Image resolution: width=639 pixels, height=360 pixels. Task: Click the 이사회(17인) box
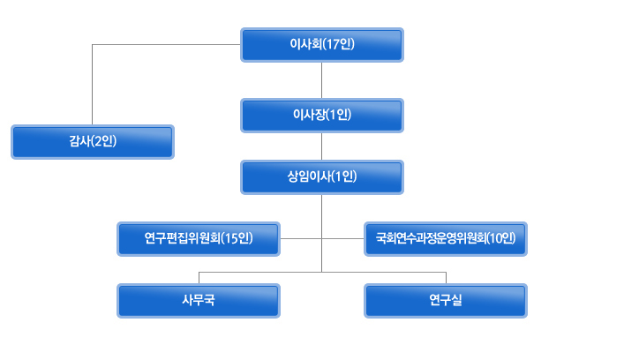coord(322,45)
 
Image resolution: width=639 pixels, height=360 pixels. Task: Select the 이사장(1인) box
coord(322,116)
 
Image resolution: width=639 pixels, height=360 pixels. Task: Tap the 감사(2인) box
coord(93,142)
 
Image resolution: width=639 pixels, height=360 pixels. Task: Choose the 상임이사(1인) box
coord(322,177)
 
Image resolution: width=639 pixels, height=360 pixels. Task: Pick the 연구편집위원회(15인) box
coord(199,239)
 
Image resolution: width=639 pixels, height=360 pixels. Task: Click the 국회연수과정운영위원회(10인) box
coord(446,239)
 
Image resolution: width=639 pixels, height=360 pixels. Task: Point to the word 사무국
coord(199,300)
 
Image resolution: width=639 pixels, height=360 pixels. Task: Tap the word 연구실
coord(446,300)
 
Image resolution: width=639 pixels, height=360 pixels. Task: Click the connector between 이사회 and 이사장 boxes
coord(321,80)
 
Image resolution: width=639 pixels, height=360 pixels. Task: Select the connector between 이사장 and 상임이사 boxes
coord(321,146)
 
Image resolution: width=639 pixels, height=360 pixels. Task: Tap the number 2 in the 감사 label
coord(98,141)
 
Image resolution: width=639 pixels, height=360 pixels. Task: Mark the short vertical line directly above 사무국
coord(199,278)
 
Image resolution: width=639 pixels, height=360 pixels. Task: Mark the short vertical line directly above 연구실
coord(447,278)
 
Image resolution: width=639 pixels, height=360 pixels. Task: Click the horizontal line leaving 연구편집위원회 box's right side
coord(301,238)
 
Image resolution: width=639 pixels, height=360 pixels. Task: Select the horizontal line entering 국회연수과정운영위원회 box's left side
coord(342,238)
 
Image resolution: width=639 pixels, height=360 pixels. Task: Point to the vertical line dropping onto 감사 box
coord(92,85)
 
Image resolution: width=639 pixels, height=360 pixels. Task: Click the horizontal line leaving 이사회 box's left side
coord(166,44)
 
